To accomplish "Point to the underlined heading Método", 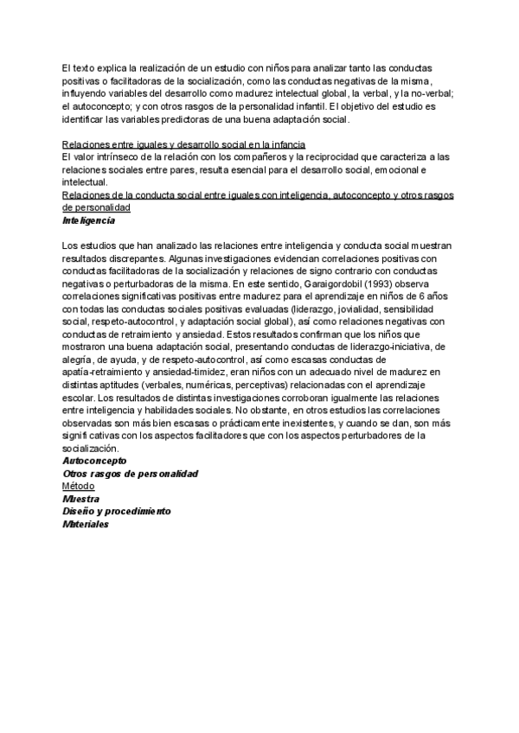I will [x=79, y=486].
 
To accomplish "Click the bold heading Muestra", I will [x=80, y=499].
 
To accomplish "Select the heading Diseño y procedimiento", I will [x=117, y=511].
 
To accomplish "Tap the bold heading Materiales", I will [x=86, y=523].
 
